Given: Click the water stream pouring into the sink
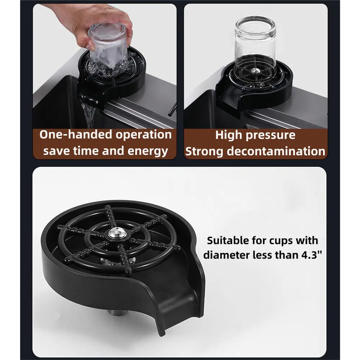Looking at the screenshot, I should [x=88, y=115].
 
